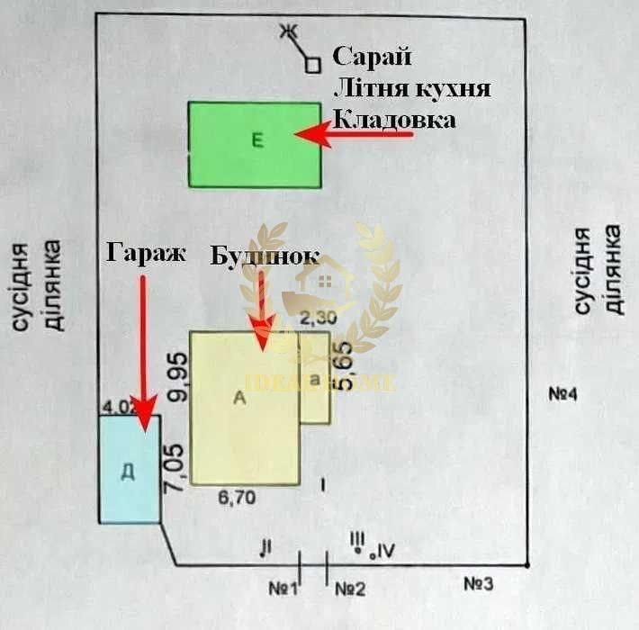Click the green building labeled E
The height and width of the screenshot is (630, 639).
pos(255,145)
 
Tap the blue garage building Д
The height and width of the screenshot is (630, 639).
pos(130,469)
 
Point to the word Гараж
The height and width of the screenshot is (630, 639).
pos(145,253)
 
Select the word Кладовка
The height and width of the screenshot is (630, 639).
pos(394,120)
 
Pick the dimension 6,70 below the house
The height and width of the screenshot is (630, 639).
pos(237,496)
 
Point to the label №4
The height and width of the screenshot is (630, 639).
pos(569,395)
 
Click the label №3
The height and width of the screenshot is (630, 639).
pos(479,583)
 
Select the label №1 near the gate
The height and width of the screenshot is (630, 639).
pos(283,589)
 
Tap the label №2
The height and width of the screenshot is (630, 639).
pos(350,589)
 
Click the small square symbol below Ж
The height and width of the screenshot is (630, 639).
pos(312,64)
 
